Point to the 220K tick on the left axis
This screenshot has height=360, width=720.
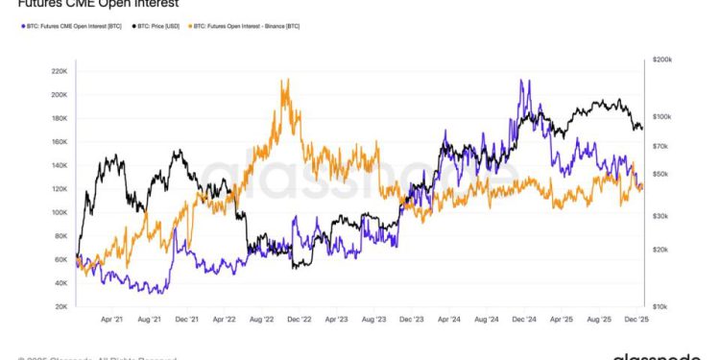click(57, 71)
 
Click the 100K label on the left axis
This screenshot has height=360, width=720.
click(57, 212)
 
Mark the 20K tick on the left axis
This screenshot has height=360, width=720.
click(59, 306)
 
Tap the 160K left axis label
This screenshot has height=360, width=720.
click(57, 142)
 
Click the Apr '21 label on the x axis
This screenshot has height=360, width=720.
click(112, 319)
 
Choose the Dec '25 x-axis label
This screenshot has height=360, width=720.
click(637, 319)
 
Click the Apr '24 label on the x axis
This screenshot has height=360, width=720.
click(449, 319)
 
